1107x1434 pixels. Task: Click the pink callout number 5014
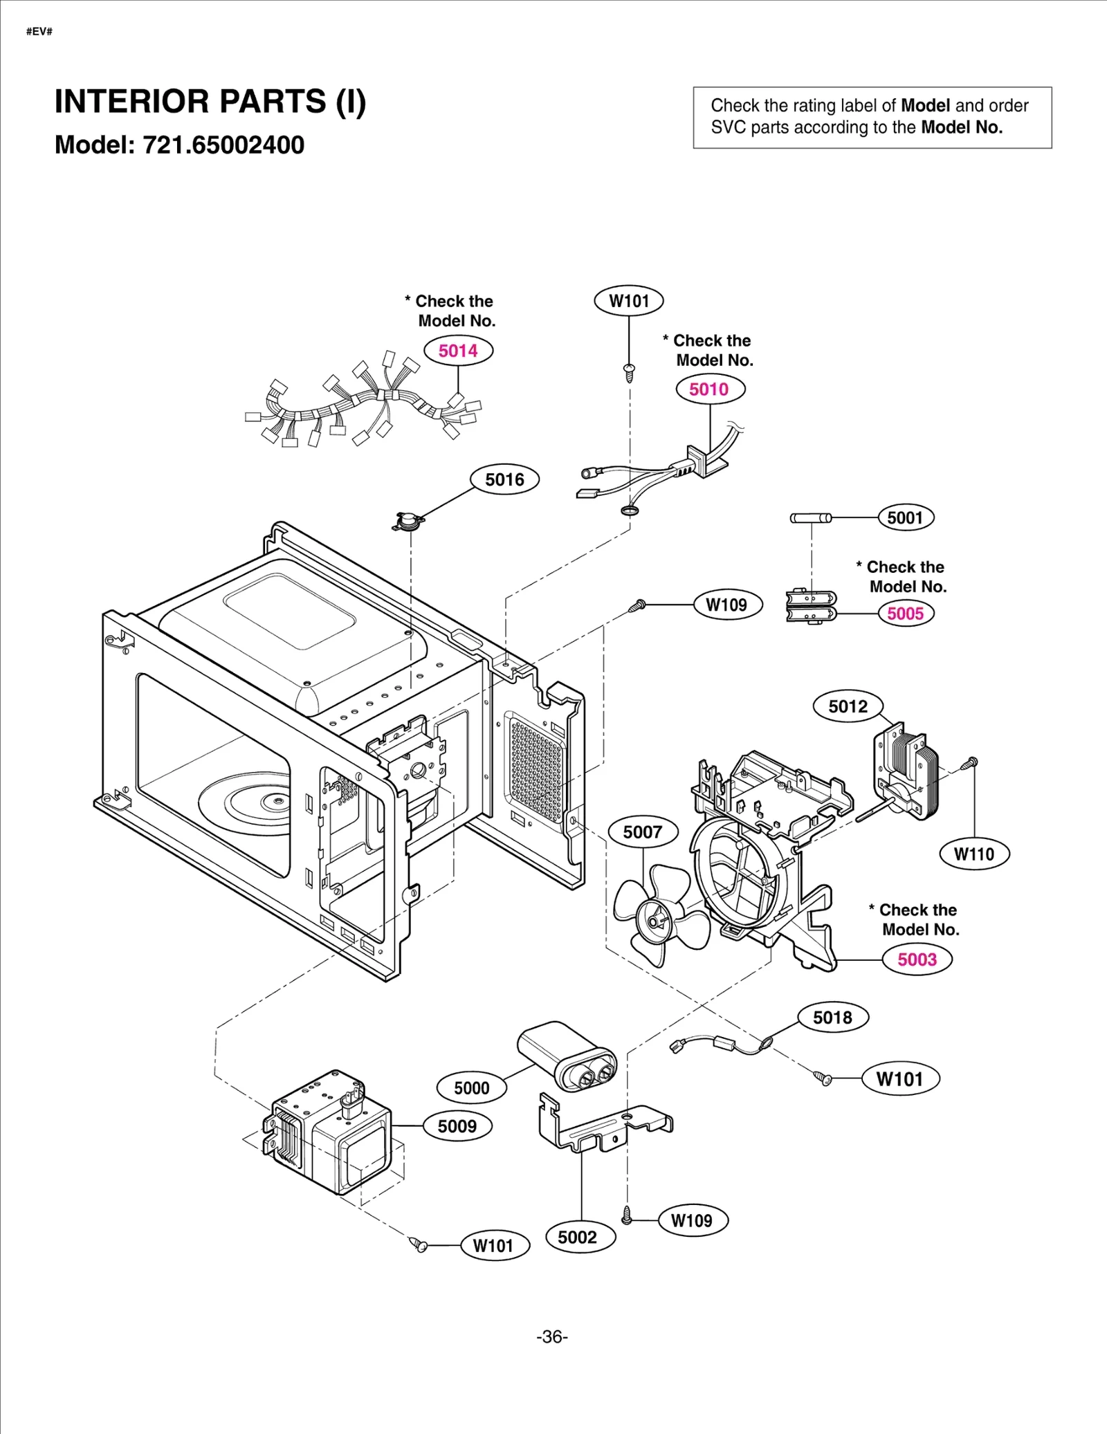[458, 351]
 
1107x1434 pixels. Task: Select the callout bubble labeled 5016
[504, 479]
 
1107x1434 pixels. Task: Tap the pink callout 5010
[710, 389]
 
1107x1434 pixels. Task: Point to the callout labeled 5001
[905, 517]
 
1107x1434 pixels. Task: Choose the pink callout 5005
[905, 614]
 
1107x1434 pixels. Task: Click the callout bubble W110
[974, 854]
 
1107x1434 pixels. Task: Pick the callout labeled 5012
[848, 706]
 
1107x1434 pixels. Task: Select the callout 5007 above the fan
[643, 831]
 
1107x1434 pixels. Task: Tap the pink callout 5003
[917, 959]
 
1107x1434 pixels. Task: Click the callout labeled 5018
[832, 1017]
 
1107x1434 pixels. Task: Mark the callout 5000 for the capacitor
[472, 1087]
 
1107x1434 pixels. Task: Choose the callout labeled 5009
[457, 1125]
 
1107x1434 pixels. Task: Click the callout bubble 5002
[577, 1237]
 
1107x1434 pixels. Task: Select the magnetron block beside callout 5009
[329, 1131]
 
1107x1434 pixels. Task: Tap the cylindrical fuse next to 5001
[810, 518]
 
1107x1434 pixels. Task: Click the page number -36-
[552, 1336]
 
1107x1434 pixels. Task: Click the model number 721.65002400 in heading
[223, 145]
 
